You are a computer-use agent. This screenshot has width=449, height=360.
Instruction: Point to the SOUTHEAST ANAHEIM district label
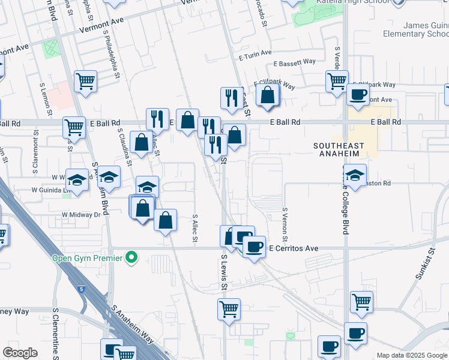(x=339, y=150)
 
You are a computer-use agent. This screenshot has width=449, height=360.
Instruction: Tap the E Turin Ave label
(x=255, y=57)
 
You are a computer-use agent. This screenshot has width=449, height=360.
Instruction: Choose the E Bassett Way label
(x=294, y=62)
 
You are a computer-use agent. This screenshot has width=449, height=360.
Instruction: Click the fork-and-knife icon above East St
(x=232, y=98)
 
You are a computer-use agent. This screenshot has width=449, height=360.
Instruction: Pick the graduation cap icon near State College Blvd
(x=355, y=175)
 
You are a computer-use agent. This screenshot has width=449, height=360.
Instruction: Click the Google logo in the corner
(x=20, y=353)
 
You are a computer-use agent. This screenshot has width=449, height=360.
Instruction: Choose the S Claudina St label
(x=125, y=146)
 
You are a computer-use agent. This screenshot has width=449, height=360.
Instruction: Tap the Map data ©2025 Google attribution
(x=412, y=355)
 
